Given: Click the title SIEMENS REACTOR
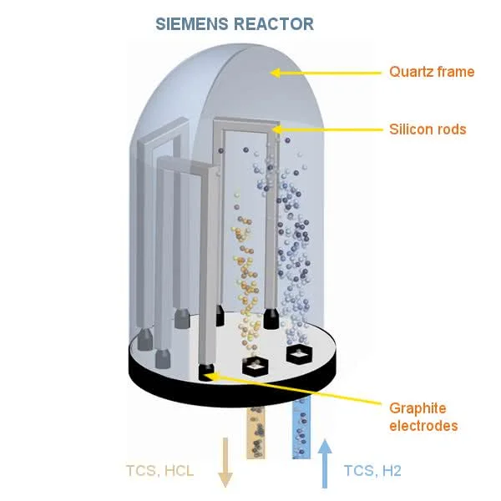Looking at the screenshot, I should (235, 23).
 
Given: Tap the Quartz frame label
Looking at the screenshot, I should (432, 72).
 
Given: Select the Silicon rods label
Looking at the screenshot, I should (428, 129).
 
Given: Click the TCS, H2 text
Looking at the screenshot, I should (372, 471).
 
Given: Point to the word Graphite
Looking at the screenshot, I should (417, 408).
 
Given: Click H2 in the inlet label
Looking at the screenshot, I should (392, 471).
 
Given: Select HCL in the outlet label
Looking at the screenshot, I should (180, 471).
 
